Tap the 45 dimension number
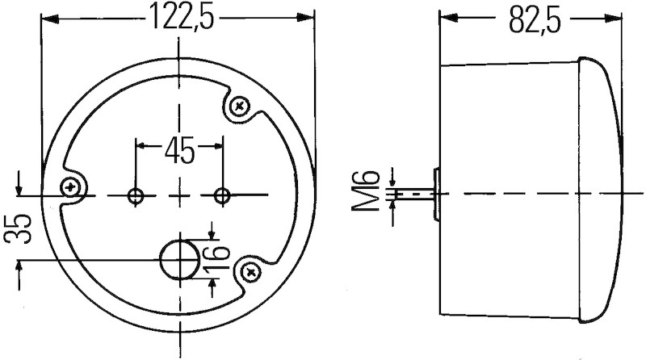179,149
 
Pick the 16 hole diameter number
214,257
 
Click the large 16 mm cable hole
179,259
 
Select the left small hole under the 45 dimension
136,195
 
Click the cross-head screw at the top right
240,106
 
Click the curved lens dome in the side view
602,194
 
